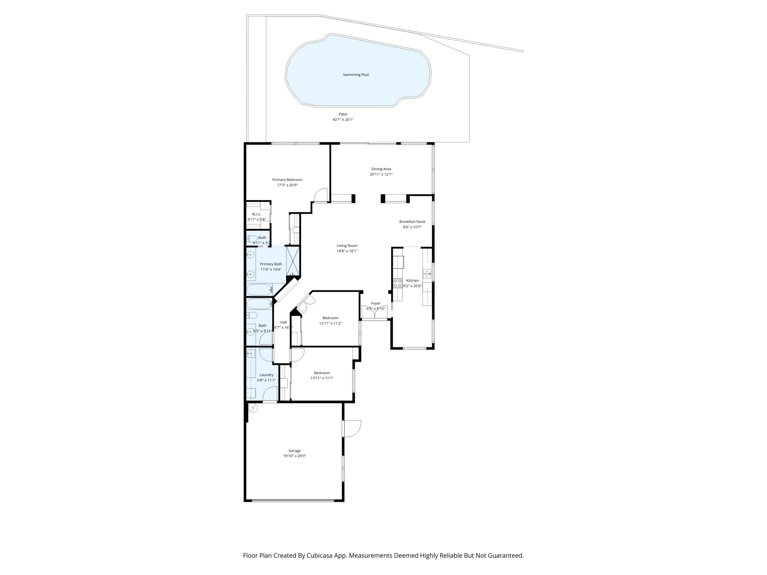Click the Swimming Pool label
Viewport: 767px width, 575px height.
pyautogui.click(x=356, y=75)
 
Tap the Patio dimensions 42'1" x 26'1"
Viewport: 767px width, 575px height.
pyautogui.click(x=343, y=120)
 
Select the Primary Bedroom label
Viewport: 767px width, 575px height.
pyautogui.click(x=287, y=179)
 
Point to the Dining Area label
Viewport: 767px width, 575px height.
pyautogui.click(x=381, y=169)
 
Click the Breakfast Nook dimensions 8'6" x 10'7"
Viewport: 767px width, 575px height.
pyautogui.click(x=412, y=227)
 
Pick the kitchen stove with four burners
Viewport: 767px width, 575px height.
pyautogui.click(x=397, y=283)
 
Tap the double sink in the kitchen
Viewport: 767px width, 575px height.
pyautogui.click(x=427, y=274)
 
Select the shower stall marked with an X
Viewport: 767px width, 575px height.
pyautogui.click(x=293, y=261)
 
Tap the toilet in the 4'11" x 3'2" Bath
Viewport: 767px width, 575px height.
pyautogui.click(x=252, y=239)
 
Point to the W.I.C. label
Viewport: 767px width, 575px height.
pyautogui.click(x=256, y=214)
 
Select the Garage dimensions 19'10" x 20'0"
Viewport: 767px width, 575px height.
pyautogui.click(x=294, y=456)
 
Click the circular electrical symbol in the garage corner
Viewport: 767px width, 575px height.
pyautogui.click(x=253, y=408)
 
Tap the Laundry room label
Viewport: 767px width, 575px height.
pyautogui.click(x=266, y=375)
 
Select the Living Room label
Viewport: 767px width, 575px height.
pyautogui.click(x=347, y=246)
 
